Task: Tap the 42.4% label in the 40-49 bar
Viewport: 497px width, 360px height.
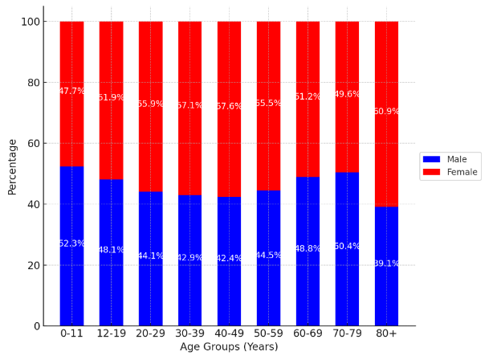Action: coord(229,259)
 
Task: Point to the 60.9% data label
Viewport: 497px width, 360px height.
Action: coord(386,112)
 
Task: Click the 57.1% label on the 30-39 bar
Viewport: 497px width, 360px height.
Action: coord(189,106)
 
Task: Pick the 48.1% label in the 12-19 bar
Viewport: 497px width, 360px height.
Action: coord(111,250)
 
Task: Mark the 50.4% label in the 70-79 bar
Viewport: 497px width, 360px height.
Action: coord(347,247)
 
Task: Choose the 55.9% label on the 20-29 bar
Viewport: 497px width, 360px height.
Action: coord(150,104)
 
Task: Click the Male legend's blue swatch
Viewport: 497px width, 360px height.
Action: coord(431,159)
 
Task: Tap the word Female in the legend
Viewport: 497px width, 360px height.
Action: coord(462,172)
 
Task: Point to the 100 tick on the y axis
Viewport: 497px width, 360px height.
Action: coord(31,22)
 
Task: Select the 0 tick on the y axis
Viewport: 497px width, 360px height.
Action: coord(37,326)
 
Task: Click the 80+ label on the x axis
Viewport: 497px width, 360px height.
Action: coord(386,333)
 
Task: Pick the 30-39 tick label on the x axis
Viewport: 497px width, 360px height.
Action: coord(189,333)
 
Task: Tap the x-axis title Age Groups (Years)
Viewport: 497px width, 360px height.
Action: coord(229,347)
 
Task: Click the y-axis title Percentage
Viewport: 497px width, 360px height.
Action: coord(12,166)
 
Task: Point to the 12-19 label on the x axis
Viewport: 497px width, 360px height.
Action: coord(111,333)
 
